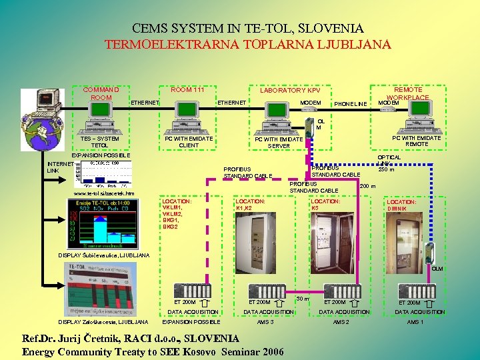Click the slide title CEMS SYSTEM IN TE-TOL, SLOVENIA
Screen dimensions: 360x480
pyautogui.click(x=247, y=29)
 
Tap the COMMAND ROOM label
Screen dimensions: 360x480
pyautogui.click(x=101, y=93)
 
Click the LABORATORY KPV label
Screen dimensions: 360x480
pyautogui.click(x=290, y=90)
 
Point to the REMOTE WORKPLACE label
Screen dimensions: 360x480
pyautogui.click(x=408, y=93)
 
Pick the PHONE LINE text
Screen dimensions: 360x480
pyautogui.click(x=350, y=104)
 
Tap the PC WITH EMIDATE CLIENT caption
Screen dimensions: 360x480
pyautogui.click(x=189, y=142)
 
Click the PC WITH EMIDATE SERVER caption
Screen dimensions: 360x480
pyautogui.click(x=279, y=143)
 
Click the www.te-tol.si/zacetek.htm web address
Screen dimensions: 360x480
pyautogui.click(x=103, y=193)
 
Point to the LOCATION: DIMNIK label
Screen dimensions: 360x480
pyautogui.click(x=401, y=205)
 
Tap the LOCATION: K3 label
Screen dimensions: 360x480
pyautogui.click(x=325, y=204)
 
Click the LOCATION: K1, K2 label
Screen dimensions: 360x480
pyautogui.click(x=250, y=204)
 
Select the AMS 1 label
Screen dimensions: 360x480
pyautogui.click(x=415, y=321)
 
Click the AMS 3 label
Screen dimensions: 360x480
pyautogui.click(x=266, y=321)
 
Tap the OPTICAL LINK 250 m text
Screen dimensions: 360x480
pyautogui.click(x=389, y=163)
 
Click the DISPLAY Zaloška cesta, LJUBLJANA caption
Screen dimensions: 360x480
pyautogui.click(x=103, y=321)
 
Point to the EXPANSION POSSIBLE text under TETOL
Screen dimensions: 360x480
pyautogui.click(x=101, y=155)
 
